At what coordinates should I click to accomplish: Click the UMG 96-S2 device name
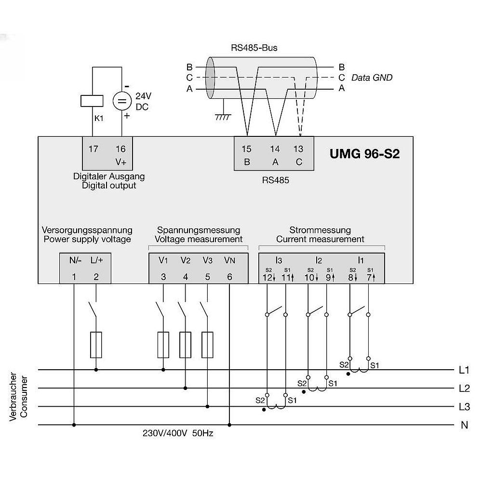(364, 154)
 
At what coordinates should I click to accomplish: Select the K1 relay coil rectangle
(92, 101)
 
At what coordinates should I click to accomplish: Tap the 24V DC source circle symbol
(122, 101)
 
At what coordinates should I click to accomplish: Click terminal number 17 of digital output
(93, 149)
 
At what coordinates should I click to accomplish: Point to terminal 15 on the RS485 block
(246, 149)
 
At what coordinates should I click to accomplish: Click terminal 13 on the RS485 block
(298, 149)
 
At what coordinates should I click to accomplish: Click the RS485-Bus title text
(254, 48)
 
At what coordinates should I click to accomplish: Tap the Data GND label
(372, 78)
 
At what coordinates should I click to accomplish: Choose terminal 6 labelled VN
(229, 277)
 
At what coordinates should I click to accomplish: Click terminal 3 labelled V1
(163, 277)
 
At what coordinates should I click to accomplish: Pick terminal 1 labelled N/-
(74, 277)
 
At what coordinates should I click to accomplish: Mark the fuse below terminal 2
(96, 345)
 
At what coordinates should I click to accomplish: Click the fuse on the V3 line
(207, 345)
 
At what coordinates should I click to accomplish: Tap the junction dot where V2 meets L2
(186, 388)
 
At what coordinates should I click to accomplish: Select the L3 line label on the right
(464, 407)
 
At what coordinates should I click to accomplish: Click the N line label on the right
(465, 425)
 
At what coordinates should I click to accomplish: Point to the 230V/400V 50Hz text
(178, 433)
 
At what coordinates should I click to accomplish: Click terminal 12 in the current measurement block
(267, 278)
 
